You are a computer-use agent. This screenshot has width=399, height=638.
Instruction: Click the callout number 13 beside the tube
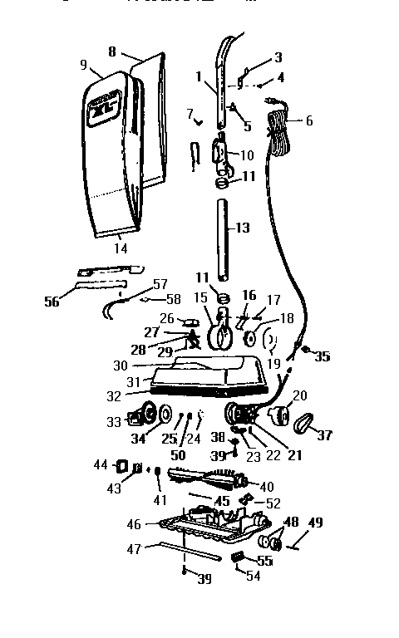242,227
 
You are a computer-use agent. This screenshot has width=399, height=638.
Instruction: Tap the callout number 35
322,357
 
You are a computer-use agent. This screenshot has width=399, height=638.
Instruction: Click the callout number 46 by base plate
134,524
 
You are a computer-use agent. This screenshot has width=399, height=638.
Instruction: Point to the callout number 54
252,577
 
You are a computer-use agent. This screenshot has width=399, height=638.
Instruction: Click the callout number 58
174,299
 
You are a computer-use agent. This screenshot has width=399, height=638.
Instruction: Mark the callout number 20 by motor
300,395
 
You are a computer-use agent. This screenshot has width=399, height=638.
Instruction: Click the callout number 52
273,503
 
